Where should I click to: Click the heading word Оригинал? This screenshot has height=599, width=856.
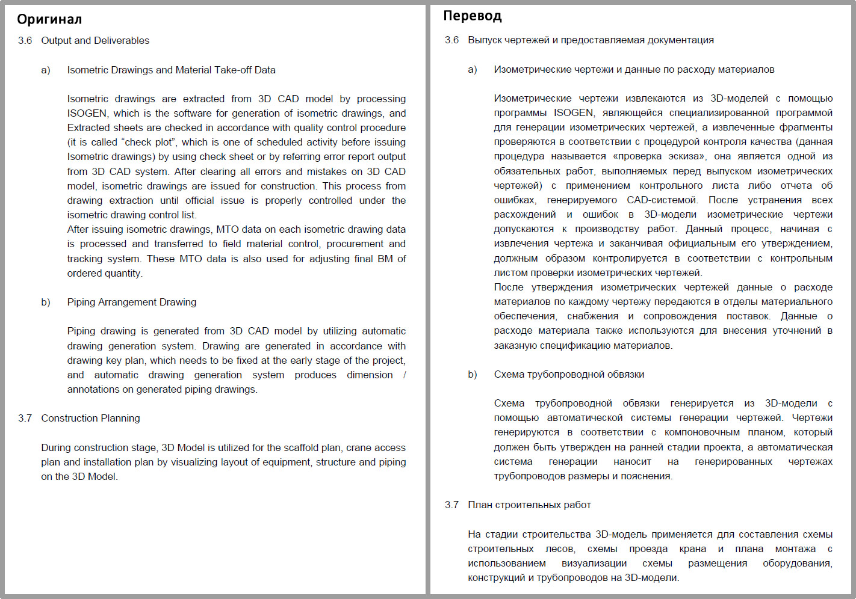click(x=49, y=19)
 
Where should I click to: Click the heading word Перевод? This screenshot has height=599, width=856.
click(x=473, y=16)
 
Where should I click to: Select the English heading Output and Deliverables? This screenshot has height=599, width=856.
click(x=95, y=40)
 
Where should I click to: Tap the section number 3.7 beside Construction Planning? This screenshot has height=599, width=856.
click(x=25, y=418)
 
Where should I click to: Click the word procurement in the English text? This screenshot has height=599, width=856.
click(x=355, y=244)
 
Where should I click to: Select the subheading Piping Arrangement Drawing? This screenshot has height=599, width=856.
click(x=132, y=302)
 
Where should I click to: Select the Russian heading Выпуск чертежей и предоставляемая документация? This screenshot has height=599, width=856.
click(x=591, y=40)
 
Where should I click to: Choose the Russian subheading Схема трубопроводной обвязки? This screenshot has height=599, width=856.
click(x=569, y=374)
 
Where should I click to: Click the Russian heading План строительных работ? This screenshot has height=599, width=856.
click(x=529, y=505)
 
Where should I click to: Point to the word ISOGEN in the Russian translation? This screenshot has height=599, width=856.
click(x=574, y=112)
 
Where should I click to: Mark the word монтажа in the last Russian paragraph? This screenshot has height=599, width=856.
click(x=795, y=548)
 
